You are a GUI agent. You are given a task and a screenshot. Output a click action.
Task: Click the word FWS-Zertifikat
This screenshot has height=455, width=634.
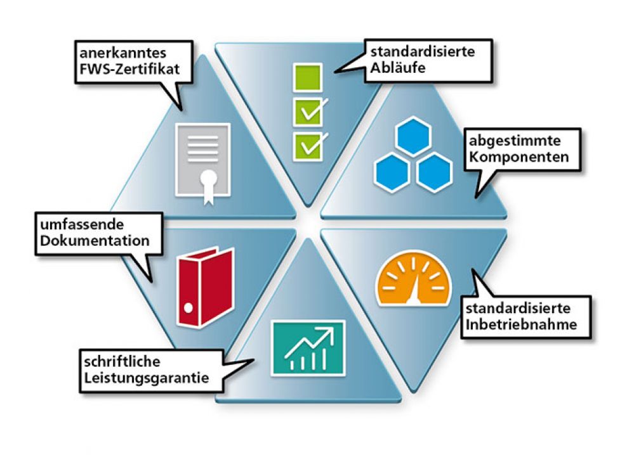click(x=129, y=69)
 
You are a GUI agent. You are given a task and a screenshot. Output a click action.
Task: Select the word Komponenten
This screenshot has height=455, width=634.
click(x=518, y=157)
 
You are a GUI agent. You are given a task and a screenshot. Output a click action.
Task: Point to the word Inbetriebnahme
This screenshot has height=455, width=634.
click(x=521, y=324)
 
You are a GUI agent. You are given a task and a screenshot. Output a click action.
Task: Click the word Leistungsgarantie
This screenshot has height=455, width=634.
click(x=147, y=378)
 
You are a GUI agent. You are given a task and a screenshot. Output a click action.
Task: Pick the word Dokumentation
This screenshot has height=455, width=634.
click(x=95, y=241)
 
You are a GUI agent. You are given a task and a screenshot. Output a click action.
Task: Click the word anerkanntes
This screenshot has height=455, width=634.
click(x=123, y=53)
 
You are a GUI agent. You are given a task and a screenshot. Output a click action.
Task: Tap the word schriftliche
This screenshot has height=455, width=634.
click(x=122, y=361)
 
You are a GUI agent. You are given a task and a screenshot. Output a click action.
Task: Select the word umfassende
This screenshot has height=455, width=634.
click(x=82, y=224)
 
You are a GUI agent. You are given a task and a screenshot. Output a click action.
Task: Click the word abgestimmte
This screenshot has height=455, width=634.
click(x=515, y=141)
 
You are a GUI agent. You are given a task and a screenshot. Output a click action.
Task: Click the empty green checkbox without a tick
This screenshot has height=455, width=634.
click(x=308, y=77)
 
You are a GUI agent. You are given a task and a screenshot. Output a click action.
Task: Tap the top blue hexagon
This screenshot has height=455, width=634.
click(x=413, y=136)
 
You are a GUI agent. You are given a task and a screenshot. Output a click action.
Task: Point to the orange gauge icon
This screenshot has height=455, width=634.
click(x=413, y=279)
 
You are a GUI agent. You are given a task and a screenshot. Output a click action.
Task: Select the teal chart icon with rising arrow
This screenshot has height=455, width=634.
click(x=308, y=348)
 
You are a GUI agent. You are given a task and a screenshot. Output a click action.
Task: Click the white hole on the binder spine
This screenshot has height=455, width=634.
click(x=188, y=308)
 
